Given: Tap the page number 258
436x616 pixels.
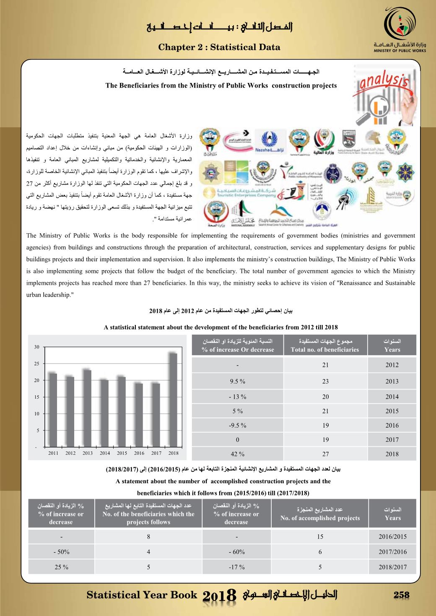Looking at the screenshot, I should click(401, 595).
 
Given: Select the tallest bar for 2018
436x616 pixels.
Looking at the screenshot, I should click(173, 400).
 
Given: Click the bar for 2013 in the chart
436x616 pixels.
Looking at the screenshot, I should click(87, 409).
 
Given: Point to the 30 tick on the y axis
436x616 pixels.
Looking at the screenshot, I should click(37, 347).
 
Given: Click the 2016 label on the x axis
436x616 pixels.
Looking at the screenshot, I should click(139, 453).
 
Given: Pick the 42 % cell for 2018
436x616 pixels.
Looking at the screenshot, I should click(237, 454).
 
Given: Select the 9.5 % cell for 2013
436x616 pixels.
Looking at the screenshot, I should click(237, 381).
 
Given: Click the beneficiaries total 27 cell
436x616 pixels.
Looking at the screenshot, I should click(325, 454).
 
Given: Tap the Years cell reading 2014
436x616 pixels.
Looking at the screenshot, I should click(392, 397).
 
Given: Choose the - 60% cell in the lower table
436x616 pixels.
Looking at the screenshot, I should click(236, 552).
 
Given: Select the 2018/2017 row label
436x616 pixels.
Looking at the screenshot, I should click(392, 567).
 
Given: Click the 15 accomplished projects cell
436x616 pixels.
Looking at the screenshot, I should click(320, 536).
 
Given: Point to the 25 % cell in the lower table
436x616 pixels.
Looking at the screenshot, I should click(61, 567).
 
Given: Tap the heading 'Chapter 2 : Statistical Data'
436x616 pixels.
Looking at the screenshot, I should click(219, 47).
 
